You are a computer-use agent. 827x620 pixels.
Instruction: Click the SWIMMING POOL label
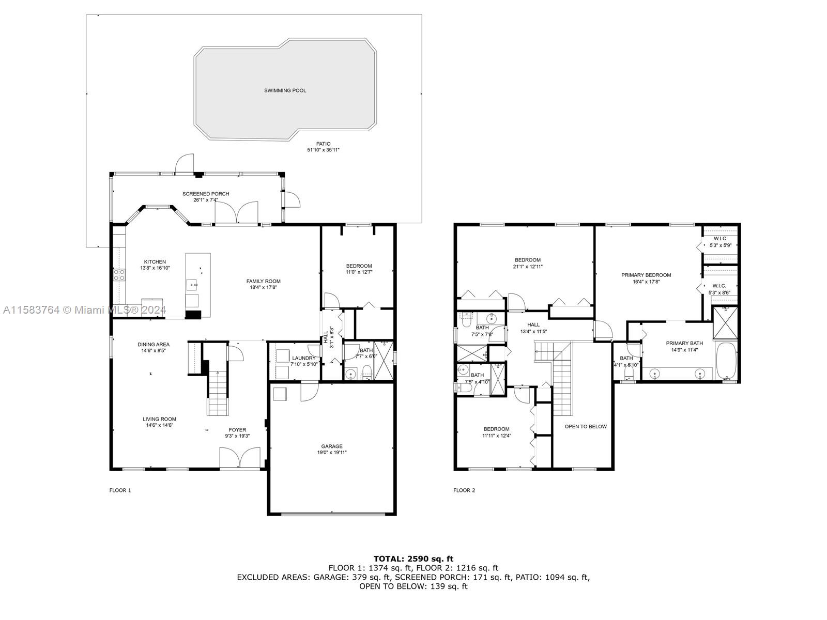285,91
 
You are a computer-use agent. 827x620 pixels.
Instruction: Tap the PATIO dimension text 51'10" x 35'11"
323,150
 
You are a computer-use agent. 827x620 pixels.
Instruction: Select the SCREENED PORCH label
206,194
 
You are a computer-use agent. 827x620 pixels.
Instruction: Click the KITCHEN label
155,262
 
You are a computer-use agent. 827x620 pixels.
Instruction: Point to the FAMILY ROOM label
264,281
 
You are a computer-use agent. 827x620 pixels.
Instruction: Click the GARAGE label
332,446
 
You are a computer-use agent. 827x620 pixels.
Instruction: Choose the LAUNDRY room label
304,359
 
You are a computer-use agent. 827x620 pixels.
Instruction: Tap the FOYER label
237,430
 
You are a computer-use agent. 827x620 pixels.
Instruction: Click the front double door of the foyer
240,458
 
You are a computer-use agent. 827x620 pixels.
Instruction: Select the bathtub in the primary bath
726,361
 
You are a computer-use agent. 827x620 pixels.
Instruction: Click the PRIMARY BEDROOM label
646,275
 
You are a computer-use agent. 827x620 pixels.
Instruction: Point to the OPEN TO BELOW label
586,427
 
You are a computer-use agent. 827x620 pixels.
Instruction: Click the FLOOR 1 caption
120,490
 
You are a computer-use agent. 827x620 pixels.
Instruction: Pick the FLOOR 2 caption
464,490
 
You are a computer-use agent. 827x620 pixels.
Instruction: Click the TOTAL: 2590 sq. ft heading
413,559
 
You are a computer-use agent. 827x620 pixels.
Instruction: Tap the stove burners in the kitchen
119,275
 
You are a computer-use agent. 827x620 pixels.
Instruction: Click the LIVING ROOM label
159,420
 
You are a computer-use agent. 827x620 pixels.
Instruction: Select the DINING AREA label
154,345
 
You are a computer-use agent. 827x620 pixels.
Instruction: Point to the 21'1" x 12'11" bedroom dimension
528,267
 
